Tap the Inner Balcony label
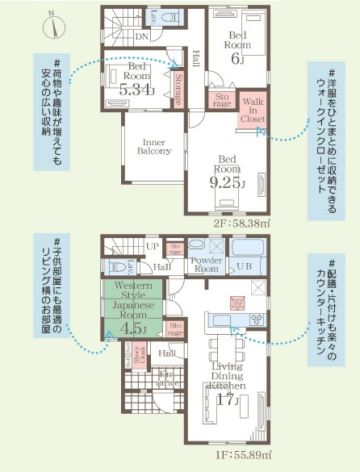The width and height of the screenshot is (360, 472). coord(153,146)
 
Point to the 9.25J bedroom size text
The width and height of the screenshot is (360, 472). coord(227,183)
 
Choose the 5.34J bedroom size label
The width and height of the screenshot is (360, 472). coord(136,90)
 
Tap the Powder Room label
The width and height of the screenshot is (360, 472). coord(206,265)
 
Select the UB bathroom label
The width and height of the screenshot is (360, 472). coord(244,265)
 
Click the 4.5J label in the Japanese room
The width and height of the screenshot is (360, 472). coord(134,328)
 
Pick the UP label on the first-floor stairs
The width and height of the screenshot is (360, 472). coord(152,246)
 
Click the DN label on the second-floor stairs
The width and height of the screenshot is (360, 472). coord(141,36)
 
